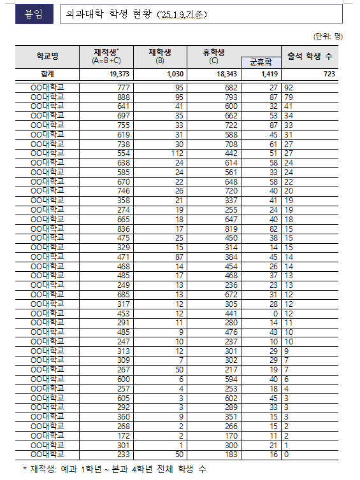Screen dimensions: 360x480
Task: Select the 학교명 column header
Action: tap(48, 56)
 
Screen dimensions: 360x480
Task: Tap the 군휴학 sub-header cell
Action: tap(260, 62)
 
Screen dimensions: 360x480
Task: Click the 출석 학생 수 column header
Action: tap(310, 56)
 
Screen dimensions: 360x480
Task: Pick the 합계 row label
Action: tap(48, 74)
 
